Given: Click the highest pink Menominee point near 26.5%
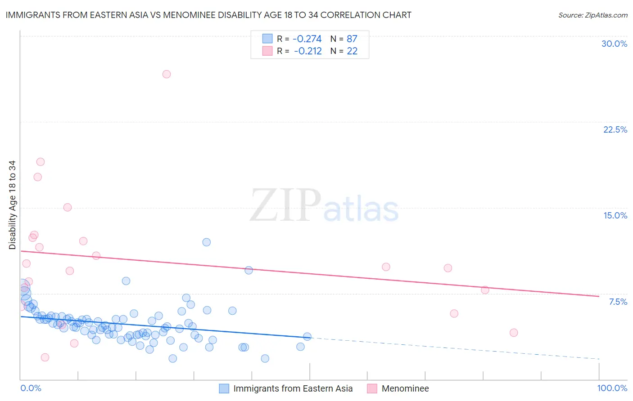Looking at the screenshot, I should (x=167, y=74).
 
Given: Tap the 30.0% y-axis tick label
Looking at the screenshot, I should (x=614, y=44).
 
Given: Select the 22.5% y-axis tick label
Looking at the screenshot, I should (x=615, y=129).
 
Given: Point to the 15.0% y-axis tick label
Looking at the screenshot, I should (x=615, y=215).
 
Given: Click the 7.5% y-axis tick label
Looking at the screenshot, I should (x=618, y=302).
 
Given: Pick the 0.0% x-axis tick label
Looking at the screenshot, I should (x=31, y=388).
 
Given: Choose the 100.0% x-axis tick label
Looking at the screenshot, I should (x=612, y=388).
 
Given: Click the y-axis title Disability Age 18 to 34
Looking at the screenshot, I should (x=12, y=205).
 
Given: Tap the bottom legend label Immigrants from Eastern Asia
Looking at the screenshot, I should (x=293, y=388).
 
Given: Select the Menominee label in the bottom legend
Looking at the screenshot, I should (x=405, y=388).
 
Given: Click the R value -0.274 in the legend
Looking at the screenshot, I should (x=307, y=39).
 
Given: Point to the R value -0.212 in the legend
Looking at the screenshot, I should (x=307, y=51).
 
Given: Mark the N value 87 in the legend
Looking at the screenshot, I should (x=352, y=39).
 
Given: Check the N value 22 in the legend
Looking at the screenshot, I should (x=352, y=51).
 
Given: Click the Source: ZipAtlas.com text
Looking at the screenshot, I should (x=592, y=15).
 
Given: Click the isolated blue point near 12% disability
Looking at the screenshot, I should (x=207, y=242).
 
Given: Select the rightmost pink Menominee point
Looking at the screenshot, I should (x=514, y=333).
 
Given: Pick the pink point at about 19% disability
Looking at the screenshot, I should (x=41, y=162).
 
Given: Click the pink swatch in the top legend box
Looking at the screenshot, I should (x=267, y=51).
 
